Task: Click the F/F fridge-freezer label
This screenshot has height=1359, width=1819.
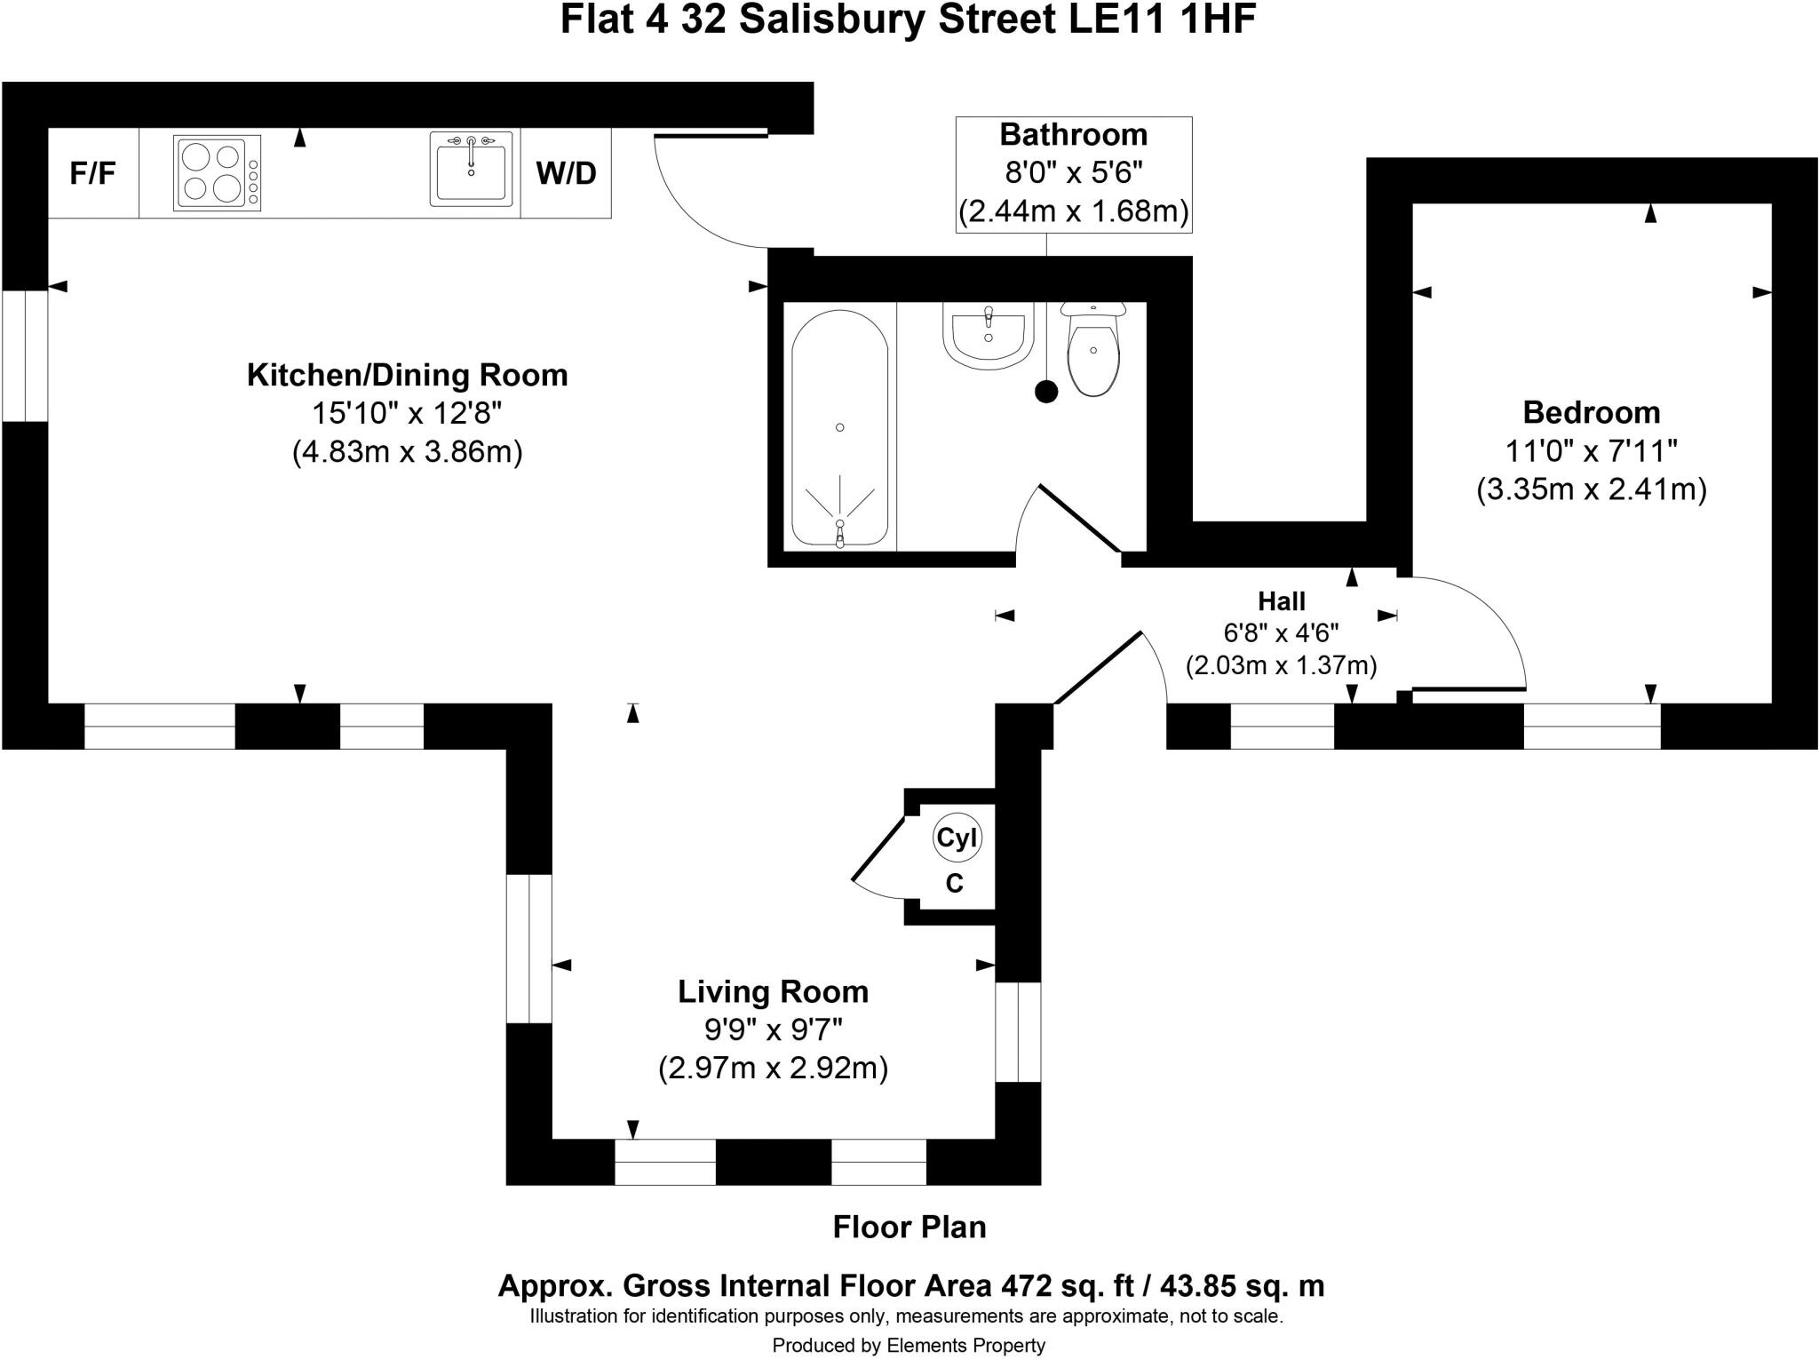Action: (x=92, y=173)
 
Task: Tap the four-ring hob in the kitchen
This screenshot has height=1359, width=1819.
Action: (x=217, y=172)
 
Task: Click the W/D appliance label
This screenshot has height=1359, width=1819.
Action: (x=566, y=173)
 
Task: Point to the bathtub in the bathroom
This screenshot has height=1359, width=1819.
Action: (x=839, y=427)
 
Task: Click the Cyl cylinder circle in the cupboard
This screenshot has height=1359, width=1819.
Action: (x=957, y=838)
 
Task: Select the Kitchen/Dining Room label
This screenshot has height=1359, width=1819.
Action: (x=407, y=375)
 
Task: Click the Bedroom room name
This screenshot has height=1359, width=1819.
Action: (x=1591, y=412)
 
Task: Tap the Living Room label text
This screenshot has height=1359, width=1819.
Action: (x=773, y=991)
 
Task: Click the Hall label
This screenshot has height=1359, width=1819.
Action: (x=1281, y=601)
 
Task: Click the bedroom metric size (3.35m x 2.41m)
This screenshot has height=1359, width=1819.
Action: (x=1591, y=489)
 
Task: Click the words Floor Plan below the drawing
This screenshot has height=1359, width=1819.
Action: (x=909, y=1227)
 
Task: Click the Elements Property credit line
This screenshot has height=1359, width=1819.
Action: (x=909, y=1346)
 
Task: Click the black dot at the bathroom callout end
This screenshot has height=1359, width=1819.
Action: (x=1047, y=391)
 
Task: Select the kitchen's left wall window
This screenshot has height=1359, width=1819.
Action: (x=25, y=355)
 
